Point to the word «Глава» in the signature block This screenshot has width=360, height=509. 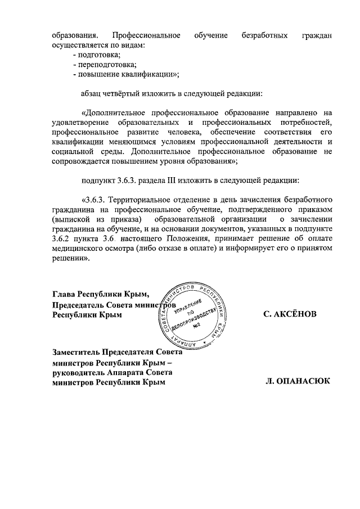63,294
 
